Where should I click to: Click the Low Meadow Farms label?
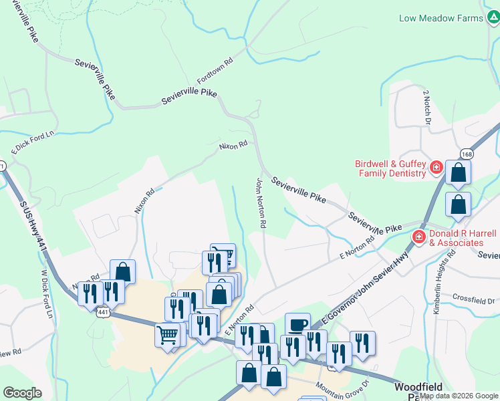pyautogui.click(x=441, y=18)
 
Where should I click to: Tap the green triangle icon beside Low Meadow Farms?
pyautogui.click(x=492, y=18)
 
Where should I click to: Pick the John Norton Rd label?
pyautogui.click(x=262, y=204)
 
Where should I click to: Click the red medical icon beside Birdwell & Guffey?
pyautogui.click(x=436, y=167)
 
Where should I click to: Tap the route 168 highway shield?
pyautogui.click(x=467, y=154)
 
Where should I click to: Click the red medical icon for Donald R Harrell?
pyautogui.click(x=419, y=236)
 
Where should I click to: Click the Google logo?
pyautogui.click(x=23, y=393)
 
